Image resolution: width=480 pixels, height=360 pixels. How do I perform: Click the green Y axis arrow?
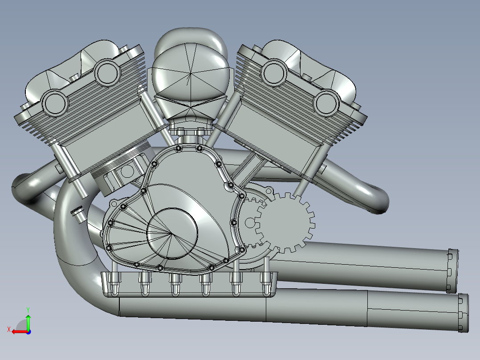pyautogui.click(x=28, y=322)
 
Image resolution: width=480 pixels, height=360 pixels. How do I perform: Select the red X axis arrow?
pyautogui.click(x=20, y=331)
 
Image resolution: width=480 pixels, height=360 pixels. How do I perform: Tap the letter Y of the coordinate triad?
pyautogui.click(x=28, y=310)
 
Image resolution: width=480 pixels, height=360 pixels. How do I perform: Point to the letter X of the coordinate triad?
pyautogui.click(x=9, y=330)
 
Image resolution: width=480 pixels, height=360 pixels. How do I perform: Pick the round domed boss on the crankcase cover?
pyautogui.click(x=172, y=233)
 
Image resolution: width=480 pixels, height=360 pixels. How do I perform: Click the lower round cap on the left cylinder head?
pyautogui.click(x=55, y=103)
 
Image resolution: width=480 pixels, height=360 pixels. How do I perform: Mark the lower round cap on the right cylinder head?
pyautogui.click(x=326, y=103)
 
